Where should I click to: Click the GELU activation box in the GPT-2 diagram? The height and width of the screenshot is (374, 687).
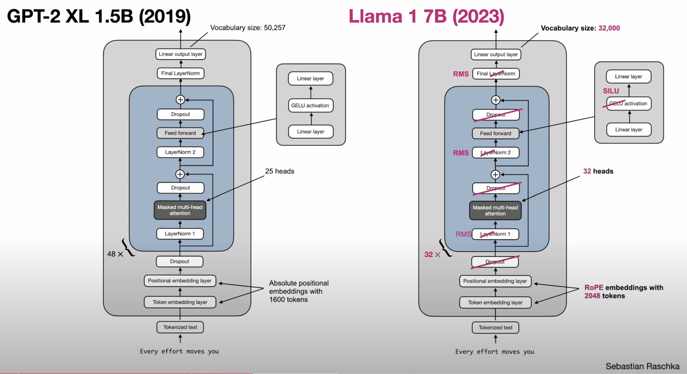tap(310, 106)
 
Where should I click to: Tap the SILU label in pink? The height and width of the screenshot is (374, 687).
tap(611, 91)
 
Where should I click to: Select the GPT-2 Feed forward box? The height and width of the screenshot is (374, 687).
tap(180, 133)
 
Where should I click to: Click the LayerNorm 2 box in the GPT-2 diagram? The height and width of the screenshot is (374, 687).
tap(180, 152)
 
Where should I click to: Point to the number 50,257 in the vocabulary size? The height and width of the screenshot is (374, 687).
tap(274, 28)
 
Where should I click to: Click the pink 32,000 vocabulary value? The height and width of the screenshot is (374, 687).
tap(609, 28)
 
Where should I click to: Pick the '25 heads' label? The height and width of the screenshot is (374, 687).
tap(280, 171)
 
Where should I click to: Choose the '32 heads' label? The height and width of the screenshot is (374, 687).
tap(598, 171)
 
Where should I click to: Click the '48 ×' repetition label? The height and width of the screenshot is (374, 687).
tap(115, 254)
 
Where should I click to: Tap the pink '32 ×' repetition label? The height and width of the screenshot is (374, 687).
tap(432, 255)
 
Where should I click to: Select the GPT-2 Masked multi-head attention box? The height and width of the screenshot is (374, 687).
tap(180, 210)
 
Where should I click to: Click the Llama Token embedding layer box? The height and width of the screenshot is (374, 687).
tap(495, 303)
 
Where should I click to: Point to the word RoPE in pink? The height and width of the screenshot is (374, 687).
tap(594, 288)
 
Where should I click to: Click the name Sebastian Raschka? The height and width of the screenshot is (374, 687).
tap(642, 366)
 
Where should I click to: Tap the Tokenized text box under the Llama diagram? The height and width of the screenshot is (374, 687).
tap(495, 328)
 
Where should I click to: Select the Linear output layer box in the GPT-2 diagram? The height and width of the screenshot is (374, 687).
tap(181, 54)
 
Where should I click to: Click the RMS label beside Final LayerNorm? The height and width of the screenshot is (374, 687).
tap(461, 74)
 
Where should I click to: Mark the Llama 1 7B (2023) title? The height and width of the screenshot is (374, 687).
tap(426, 17)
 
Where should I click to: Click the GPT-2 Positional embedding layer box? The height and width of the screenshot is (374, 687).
tap(180, 281)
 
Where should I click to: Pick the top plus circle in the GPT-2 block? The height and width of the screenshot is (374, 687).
tap(180, 100)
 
